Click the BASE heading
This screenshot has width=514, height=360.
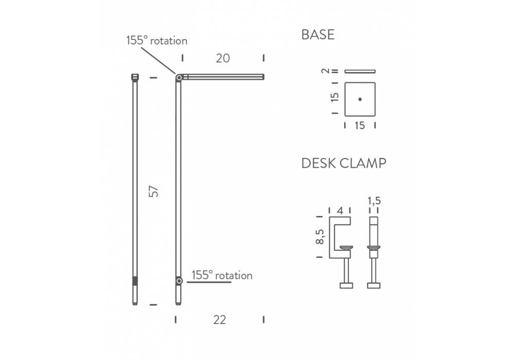click(318, 34)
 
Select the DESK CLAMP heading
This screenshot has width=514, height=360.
click(343, 163)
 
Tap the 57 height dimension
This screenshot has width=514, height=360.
click(153, 191)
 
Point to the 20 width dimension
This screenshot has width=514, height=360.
click(223, 58)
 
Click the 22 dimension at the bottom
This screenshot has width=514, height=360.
click(219, 320)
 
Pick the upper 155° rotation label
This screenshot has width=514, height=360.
click(157, 41)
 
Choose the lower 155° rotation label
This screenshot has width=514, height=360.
click(222, 276)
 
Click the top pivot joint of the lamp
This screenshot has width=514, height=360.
click(179, 78)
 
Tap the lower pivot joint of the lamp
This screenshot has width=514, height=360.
click(179, 281)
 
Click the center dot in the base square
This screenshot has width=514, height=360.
click(360, 99)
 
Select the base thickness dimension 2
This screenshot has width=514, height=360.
click(325, 71)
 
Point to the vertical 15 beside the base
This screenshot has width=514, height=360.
click(335, 97)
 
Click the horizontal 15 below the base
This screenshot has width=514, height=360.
click(360, 125)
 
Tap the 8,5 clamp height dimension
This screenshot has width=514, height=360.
click(320, 237)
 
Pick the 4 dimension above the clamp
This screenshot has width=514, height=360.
click(340, 211)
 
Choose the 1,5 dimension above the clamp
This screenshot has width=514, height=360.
click(374, 201)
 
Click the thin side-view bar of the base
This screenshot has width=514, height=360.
click(360, 71)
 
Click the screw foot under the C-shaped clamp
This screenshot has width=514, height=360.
click(346, 285)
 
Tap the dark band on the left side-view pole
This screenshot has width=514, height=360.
click(135, 281)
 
